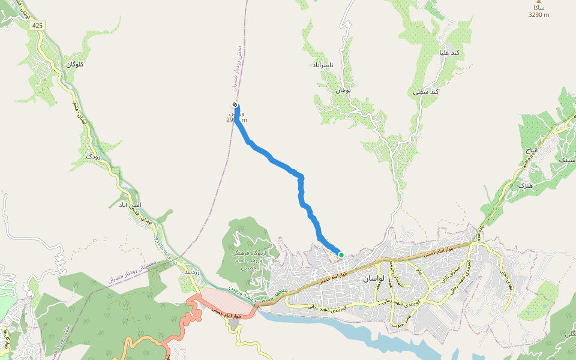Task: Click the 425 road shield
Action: [38, 25]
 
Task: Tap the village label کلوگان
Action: [74, 64]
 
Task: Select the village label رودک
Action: [93, 156]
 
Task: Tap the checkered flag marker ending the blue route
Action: [234, 106]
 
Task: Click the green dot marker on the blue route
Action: [341, 254]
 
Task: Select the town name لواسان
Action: [373, 279]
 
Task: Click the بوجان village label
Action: [342, 90]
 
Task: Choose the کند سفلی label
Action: [426, 92]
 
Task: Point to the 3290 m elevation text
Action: [538, 15]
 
